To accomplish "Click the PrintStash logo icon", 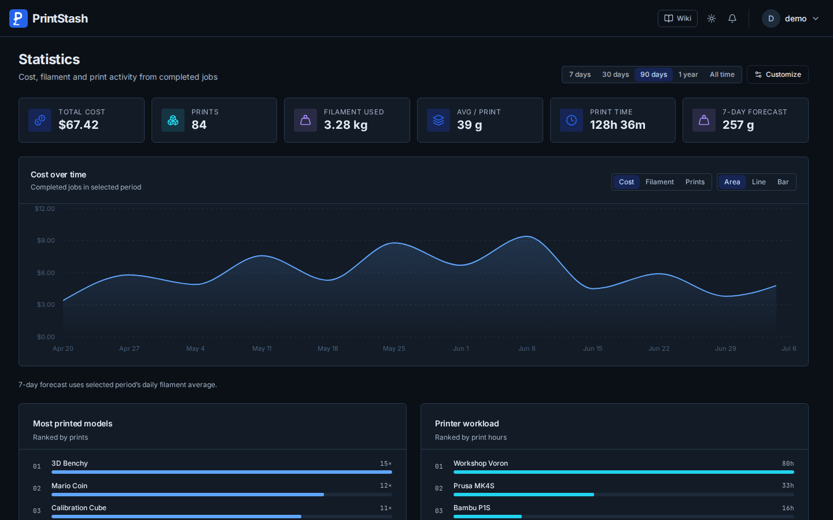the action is coord(19,18).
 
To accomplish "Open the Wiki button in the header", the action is coord(677,18).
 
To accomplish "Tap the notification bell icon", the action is coord(732,18).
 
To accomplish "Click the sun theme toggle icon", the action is coord(711,18).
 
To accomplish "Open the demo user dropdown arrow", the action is coord(816,18).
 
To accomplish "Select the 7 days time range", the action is coord(580,75).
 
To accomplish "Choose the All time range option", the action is coord(722,75).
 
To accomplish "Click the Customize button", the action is coord(777,75).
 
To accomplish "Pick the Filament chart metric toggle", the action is coord(659,181).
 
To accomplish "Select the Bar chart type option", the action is coord(783,181).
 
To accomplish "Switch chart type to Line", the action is coord(758,181).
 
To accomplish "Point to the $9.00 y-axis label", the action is coord(46,240).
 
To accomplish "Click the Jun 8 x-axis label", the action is coord(526,348).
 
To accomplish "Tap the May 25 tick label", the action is coord(394,348).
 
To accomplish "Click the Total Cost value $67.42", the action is coord(79,125).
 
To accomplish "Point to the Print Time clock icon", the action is coord(571,120).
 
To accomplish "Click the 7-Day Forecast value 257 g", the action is coord(738,125).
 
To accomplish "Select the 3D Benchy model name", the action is coord(69,463).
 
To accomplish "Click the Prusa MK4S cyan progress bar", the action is coord(524,495).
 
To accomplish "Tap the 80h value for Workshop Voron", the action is coord(788,463).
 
